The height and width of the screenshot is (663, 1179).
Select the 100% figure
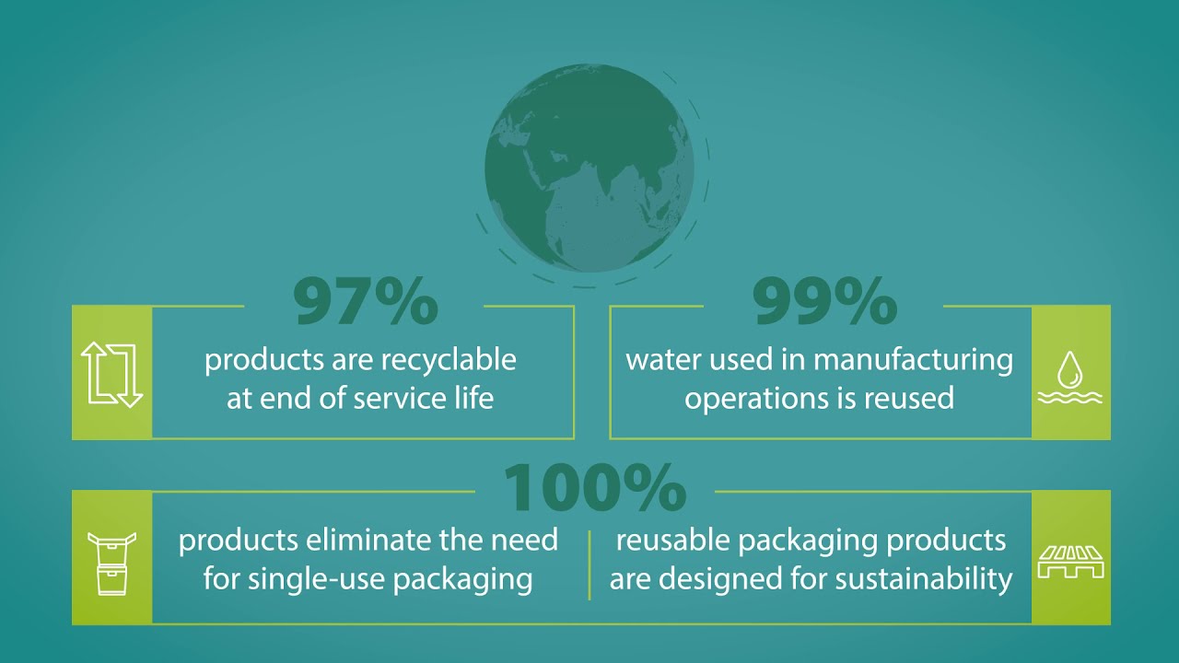(595, 488)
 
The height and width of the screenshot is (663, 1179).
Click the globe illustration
(589, 169)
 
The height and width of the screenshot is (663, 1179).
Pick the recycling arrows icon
(112, 375)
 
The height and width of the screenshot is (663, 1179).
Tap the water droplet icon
(1070, 378)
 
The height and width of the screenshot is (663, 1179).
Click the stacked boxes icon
(112, 563)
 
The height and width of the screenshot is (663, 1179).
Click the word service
(393, 399)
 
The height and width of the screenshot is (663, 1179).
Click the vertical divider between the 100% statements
(589, 565)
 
